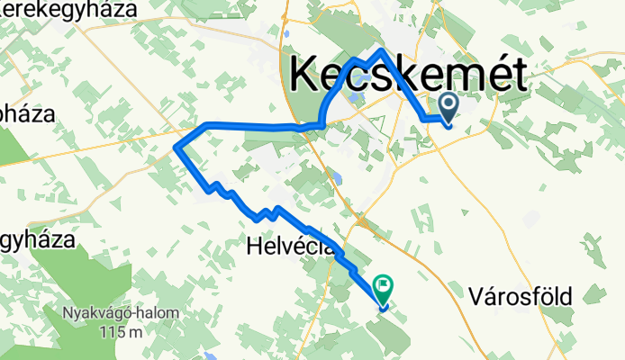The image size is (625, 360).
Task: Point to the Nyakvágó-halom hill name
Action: click(120, 313)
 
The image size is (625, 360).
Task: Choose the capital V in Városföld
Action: click(476, 294)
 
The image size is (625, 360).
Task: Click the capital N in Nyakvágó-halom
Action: click(68, 313)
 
